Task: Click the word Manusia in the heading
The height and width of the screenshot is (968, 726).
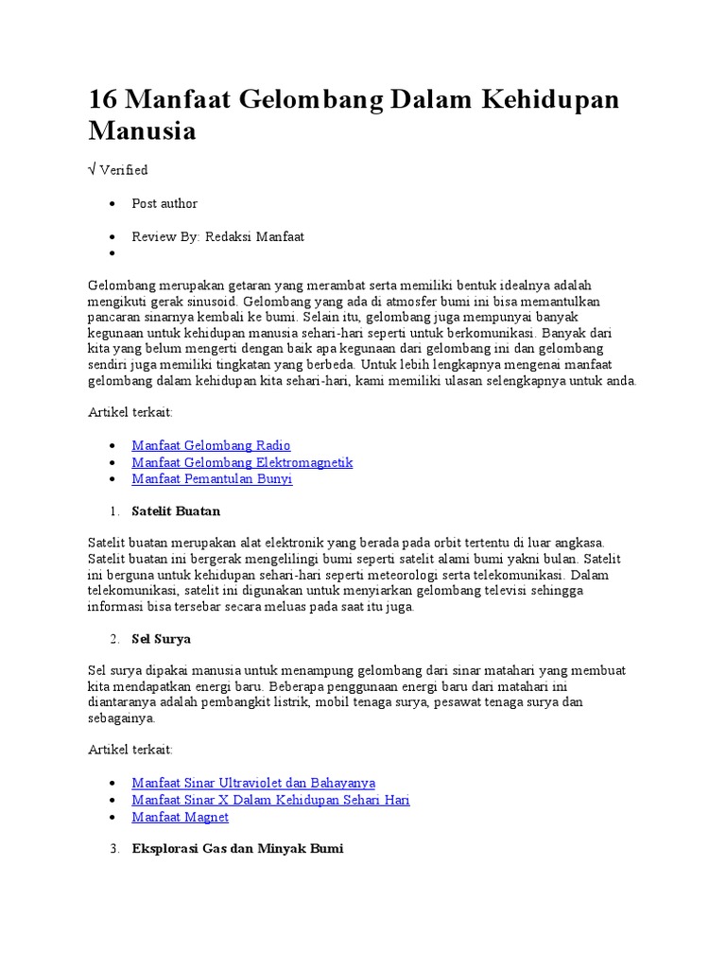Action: coord(142,130)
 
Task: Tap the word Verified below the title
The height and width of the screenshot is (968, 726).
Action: coord(124,170)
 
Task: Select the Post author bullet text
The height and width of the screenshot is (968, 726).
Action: coord(164,203)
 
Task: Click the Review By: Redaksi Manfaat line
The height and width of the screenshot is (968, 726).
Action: coord(218,236)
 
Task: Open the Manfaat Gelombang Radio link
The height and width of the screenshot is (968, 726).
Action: coord(211,445)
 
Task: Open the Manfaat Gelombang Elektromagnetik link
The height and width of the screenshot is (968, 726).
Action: coord(242,462)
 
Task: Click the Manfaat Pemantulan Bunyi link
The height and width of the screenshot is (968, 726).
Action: coord(212,478)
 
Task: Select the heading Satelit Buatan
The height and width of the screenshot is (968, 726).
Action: coord(176,511)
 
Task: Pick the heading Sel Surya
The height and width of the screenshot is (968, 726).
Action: coord(161,639)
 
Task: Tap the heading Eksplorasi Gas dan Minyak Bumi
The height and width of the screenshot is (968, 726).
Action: coord(237,849)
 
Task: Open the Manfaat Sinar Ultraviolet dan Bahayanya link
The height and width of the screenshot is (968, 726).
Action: coord(253,783)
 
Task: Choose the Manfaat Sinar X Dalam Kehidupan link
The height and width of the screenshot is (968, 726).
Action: coord(270,800)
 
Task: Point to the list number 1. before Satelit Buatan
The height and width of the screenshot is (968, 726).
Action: coord(114,511)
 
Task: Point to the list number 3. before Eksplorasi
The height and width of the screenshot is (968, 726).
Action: coord(114,849)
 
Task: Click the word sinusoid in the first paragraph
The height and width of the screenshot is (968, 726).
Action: coord(210,302)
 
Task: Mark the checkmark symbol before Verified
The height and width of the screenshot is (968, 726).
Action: coord(92,170)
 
